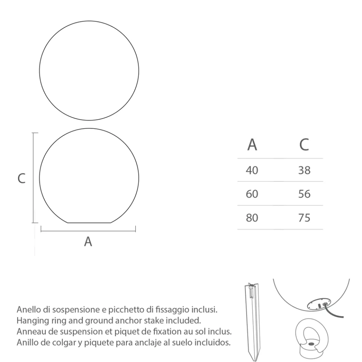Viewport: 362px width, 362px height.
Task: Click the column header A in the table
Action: point(252,145)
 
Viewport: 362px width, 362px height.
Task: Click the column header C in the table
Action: point(304,145)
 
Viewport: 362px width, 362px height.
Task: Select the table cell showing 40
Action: point(252,170)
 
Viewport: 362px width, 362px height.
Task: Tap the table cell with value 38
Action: point(304,170)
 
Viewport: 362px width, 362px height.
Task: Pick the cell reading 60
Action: point(252,194)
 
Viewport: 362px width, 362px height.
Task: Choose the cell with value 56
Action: point(304,194)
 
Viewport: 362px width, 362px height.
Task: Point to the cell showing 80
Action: point(252,218)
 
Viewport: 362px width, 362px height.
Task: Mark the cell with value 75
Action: point(304,218)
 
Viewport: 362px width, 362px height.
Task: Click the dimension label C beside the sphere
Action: point(22,179)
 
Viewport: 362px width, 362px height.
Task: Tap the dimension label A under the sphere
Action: point(88,241)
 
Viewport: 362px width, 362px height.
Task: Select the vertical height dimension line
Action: point(34,177)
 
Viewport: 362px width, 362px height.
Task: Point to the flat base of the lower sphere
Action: point(90,222)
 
